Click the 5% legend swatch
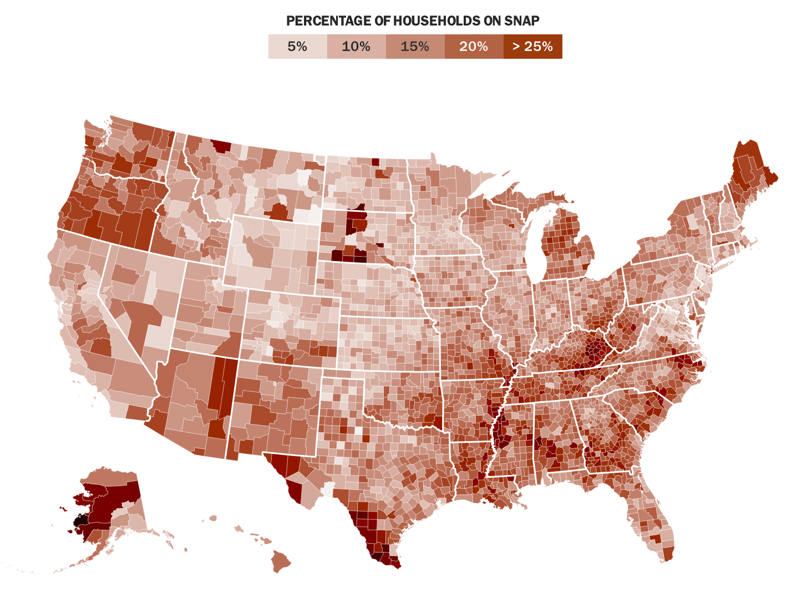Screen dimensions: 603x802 (x=298, y=47)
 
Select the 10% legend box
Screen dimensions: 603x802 (x=356, y=47)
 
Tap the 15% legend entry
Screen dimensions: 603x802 (x=415, y=47)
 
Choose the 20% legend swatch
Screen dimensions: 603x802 (x=474, y=47)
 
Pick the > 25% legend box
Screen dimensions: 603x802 (x=532, y=47)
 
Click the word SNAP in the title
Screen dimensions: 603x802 (x=522, y=21)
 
